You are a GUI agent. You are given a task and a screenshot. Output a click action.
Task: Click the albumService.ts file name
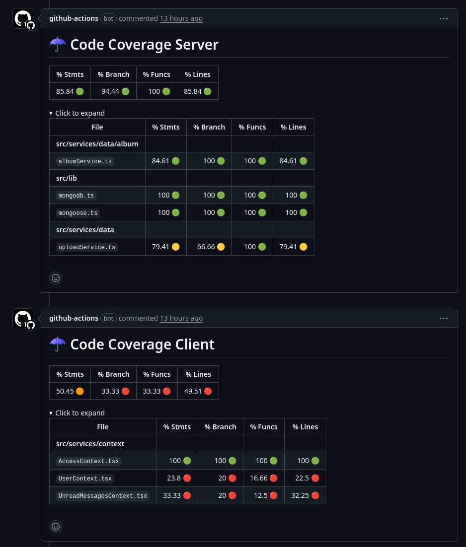85,161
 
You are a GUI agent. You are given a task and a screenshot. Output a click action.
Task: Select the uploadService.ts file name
86,247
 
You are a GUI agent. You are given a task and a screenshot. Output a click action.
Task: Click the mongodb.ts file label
76,196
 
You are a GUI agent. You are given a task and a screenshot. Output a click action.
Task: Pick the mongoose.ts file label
78,213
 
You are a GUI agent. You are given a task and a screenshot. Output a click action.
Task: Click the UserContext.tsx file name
85,479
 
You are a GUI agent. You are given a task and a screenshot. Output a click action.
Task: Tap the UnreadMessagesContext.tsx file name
103,496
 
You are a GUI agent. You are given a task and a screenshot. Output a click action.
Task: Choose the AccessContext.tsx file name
88,461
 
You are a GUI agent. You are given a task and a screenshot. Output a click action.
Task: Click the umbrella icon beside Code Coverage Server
58,45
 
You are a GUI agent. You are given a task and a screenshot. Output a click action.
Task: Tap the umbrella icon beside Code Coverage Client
58,344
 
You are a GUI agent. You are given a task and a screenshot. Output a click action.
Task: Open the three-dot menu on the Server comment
444,18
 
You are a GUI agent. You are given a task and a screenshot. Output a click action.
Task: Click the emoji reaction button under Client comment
56,527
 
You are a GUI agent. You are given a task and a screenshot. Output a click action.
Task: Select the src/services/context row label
90,444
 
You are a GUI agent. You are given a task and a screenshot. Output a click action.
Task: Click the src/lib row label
67,178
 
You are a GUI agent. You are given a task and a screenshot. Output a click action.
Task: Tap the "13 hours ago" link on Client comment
181,318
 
